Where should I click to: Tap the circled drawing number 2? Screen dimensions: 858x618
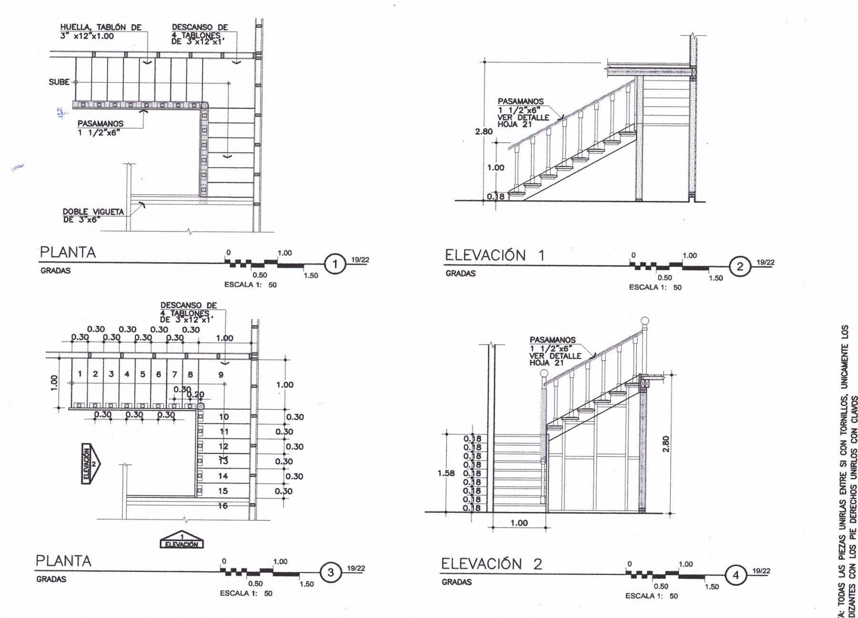coord(740,266)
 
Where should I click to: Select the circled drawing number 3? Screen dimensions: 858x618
coord(331,573)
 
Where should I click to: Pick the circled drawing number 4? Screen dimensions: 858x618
coord(736,575)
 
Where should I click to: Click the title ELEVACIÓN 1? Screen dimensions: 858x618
coord(494,255)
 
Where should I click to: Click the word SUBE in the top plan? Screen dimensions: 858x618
coord(59,82)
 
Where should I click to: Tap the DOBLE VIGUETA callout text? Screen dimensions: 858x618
coord(93,216)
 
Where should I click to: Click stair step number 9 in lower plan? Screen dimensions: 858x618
coord(221,374)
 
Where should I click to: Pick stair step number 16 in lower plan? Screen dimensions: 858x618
coord(223,506)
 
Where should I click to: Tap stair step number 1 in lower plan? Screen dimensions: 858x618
coord(80,374)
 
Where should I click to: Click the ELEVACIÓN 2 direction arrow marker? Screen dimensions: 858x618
coord(90,463)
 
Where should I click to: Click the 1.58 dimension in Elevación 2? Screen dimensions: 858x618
coord(446,473)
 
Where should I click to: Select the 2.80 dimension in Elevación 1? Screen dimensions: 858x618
coord(483,131)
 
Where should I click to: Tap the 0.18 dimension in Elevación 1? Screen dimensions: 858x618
coord(495,196)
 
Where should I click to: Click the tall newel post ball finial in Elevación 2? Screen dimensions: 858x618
coord(645,321)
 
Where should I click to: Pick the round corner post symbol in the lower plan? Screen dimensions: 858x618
coord(201,406)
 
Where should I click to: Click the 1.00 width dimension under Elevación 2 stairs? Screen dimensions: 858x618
coord(519,523)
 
